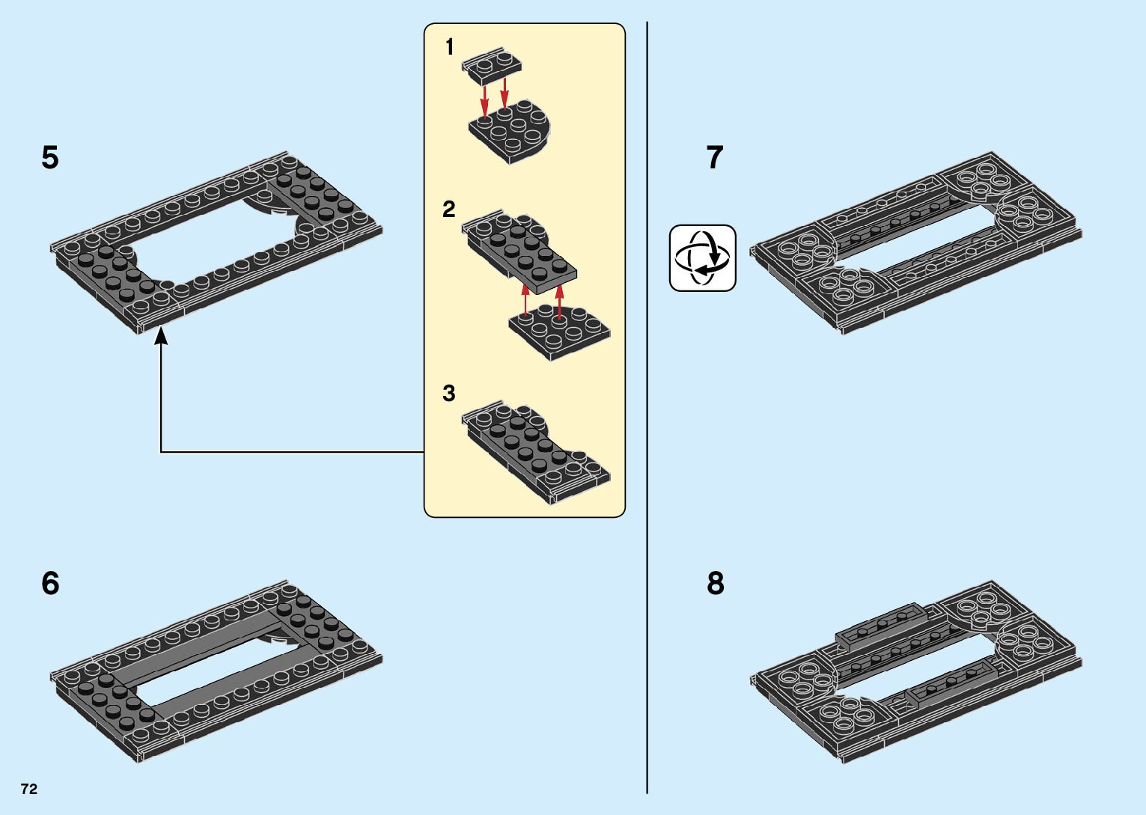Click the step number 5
pyautogui.click(x=50, y=158)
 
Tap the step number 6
pyautogui.click(x=50, y=583)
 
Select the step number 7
pyautogui.click(x=715, y=158)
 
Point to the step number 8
pyautogui.click(x=716, y=583)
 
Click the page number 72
pyautogui.click(x=29, y=789)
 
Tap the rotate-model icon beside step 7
pyautogui.click(x=702, y=258)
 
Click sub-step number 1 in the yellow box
pyautogui.click(x=449, y=48)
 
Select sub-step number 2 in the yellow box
pyautogui.click(x=449, y=209)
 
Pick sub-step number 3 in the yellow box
pyautogui.click(x=449, y=393)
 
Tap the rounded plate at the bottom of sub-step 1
pyautogui.click(x=513, y=131)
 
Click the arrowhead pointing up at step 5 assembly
pyautogui.click(x=160, y=338)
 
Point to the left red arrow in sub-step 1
pyautogui.click(x=485, y=100)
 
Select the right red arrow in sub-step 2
pyautogui.click(x=559, y=299)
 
